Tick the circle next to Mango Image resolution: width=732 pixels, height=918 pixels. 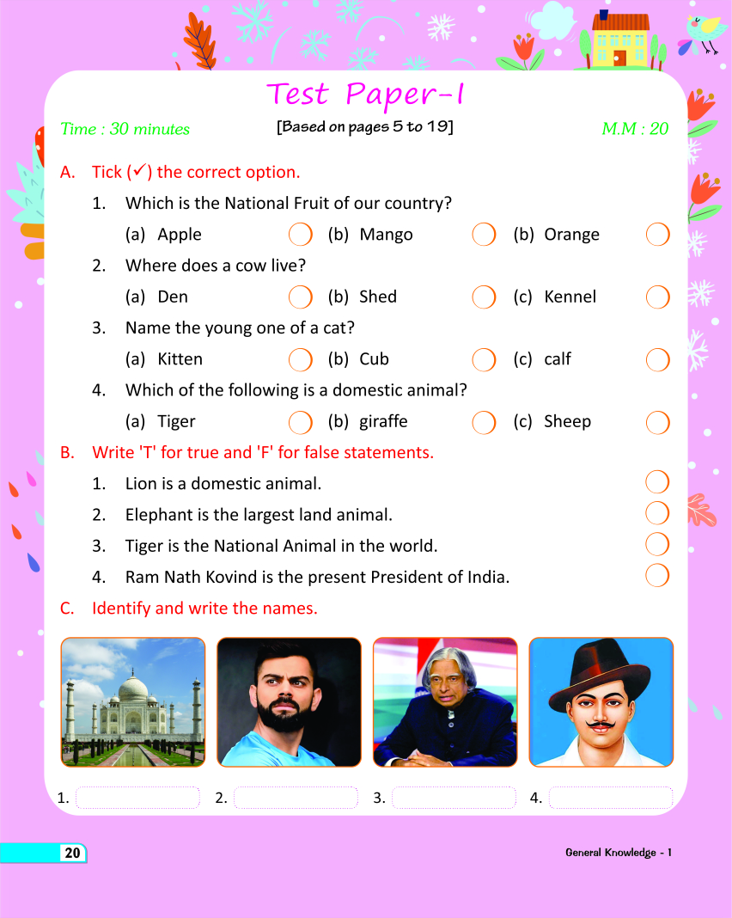(484, 235)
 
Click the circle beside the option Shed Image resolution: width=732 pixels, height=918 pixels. (484, 297)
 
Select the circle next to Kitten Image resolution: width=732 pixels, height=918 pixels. (300, 359)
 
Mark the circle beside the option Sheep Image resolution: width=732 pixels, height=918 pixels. (657, 422)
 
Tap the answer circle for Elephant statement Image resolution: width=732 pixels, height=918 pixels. (657, 513)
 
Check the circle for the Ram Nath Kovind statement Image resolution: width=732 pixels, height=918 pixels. (657, 575)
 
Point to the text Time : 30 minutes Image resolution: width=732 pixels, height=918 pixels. (125, 129)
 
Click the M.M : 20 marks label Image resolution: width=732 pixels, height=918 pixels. (635, 129)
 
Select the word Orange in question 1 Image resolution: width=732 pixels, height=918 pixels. (571, 235)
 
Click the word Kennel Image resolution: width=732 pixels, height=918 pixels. (570, 297)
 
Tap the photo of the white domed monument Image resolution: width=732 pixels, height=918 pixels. (133, 701)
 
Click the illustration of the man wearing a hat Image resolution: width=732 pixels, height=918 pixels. (601, 701)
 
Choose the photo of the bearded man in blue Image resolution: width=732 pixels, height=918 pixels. (289, 701)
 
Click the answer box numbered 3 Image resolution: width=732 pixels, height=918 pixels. (454, 798)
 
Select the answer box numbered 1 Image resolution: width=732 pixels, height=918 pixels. (137, 798)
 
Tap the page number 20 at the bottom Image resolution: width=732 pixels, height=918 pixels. (72, 853)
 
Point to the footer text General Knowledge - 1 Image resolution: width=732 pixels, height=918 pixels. (618, 853)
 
